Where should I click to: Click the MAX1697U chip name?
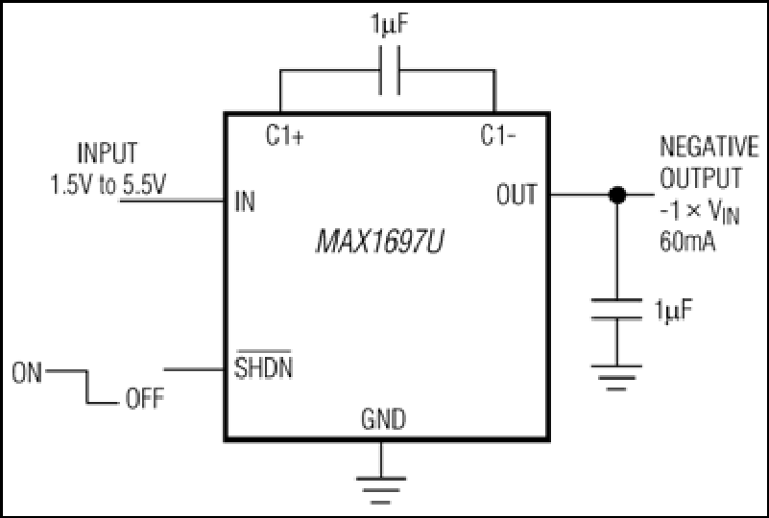379,242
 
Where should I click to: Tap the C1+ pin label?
285,135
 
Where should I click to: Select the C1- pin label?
498,135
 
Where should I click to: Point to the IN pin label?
245,200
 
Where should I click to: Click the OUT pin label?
517,194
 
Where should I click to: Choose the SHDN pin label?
263,365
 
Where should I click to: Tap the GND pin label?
383,419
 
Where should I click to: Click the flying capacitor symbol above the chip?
389,70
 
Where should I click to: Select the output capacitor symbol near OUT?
616,309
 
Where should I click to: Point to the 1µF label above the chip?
390,25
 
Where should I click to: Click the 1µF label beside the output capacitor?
673,311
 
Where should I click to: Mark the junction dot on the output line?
617,195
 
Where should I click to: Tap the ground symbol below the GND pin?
381,490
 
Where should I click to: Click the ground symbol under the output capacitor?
616,378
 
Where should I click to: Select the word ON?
27,373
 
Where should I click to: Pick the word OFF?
145,398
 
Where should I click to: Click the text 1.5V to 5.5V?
108,185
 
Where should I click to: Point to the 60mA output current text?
687,241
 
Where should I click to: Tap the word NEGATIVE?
709,147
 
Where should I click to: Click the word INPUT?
108,153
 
